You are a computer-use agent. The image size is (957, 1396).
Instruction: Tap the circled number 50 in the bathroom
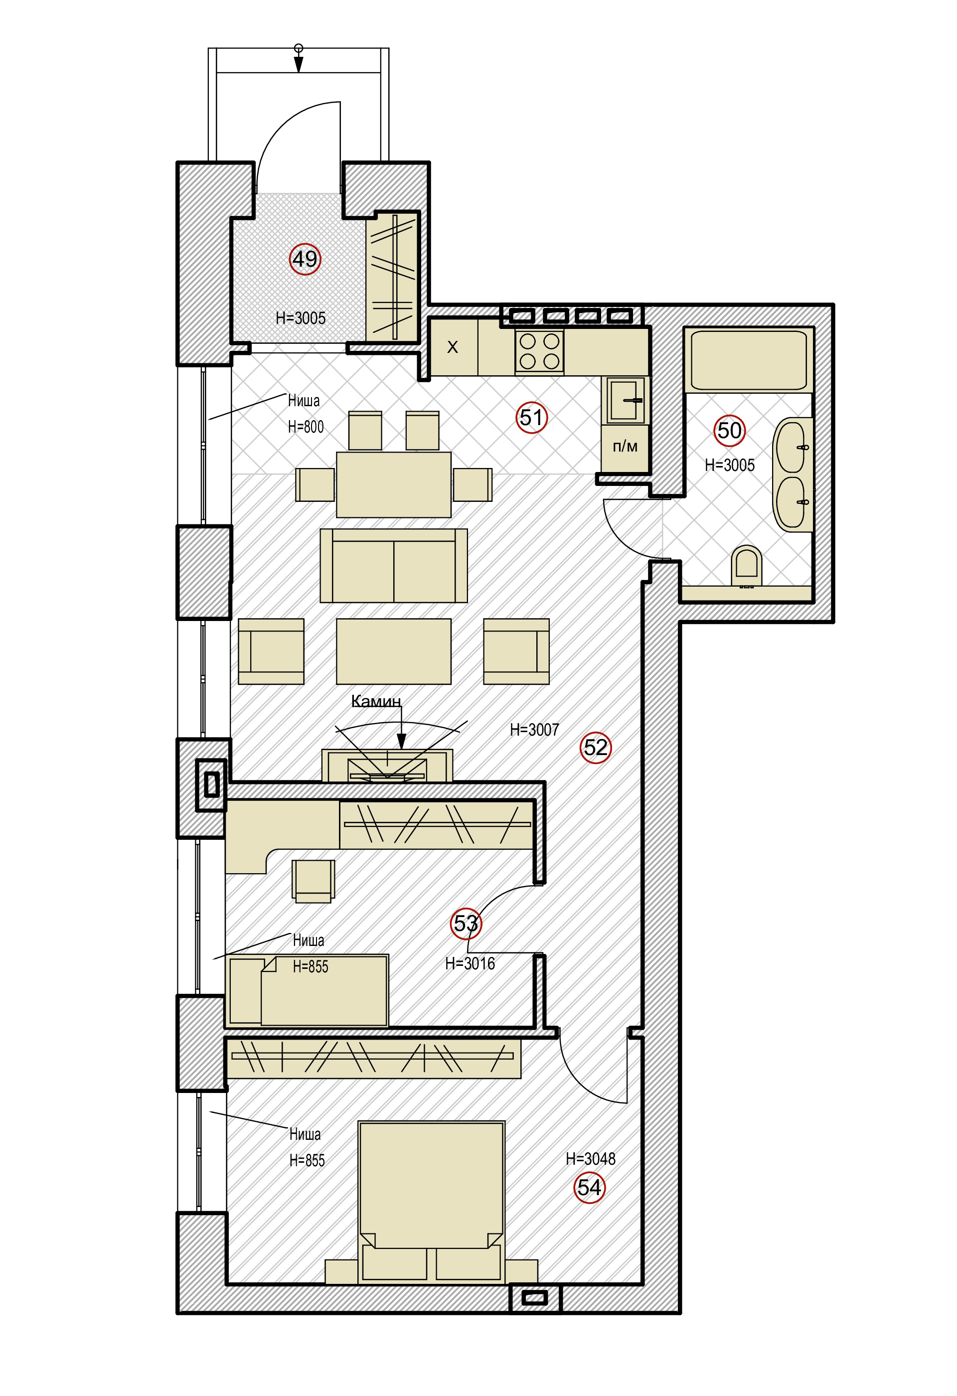(729, 430)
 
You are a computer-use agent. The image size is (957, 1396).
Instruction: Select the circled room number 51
(532, 418)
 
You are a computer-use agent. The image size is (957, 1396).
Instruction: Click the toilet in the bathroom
(746, 565)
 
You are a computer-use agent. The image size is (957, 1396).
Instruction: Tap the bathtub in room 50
(749, 360)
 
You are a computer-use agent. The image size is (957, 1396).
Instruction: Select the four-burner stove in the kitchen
(539, 351)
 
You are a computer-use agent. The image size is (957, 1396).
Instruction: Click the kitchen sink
(625, 400)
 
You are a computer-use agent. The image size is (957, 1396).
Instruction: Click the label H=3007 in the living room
(534, 729)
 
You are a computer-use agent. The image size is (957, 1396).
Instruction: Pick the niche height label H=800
(306, 427)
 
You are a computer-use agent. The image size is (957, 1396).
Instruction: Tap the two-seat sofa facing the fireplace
(393, 565)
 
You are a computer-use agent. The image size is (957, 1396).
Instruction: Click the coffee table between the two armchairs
(393, 651)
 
